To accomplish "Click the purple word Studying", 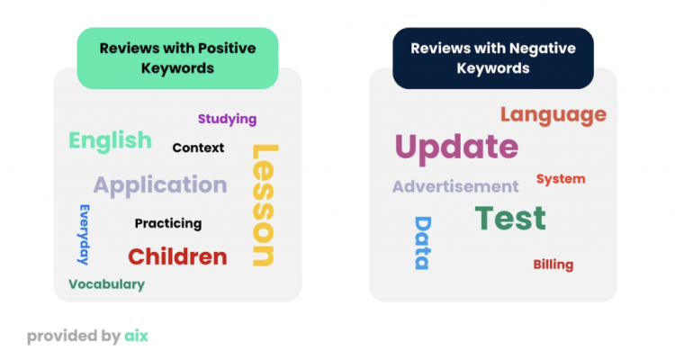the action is pos(228,120).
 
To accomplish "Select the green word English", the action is pos(110,141).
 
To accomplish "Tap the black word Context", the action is pos(198,148).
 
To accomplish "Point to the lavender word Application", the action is pos(160,185).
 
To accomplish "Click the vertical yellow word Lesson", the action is pos(264,205).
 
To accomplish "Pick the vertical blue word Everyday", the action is pos(84,235).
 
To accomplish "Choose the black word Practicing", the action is pos(168,223).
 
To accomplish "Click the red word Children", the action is pos(177,256).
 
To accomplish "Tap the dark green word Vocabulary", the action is pos(106,284).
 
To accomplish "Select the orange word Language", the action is pos(553,115).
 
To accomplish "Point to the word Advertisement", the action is pos(455,186).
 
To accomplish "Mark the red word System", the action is pos(561,179).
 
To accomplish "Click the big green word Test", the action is pos(510,218).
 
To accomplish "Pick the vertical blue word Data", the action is pos(423,243).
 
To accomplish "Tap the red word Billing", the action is pos(553,265).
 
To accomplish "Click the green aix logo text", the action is pos(137,336).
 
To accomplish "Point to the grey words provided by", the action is pos(74,337).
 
